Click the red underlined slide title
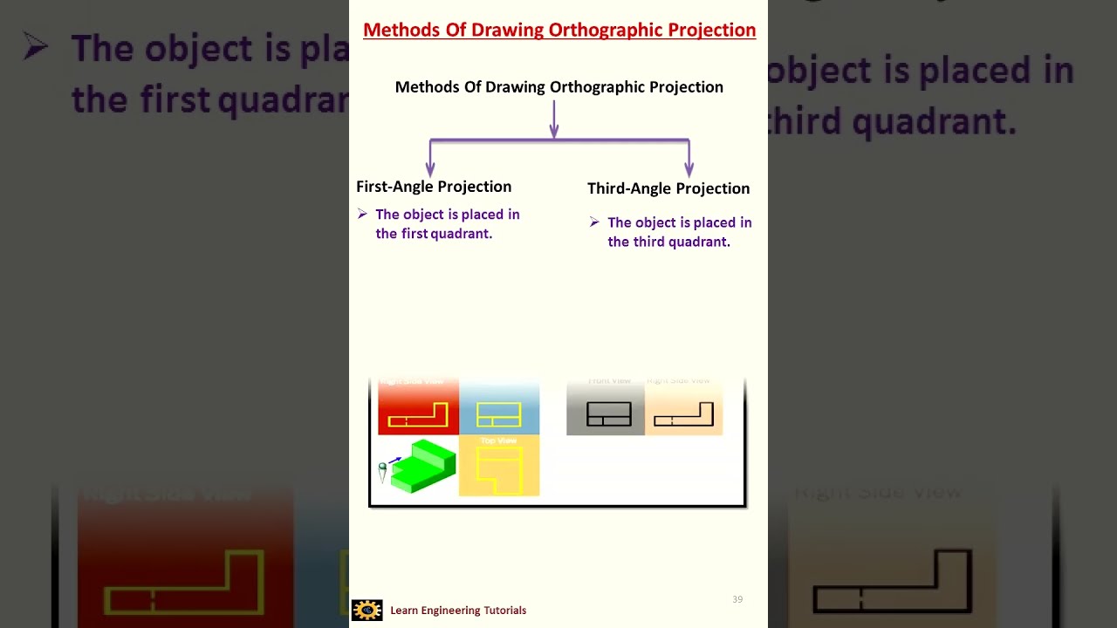tap(558, 30)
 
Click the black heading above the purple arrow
tap(558, 87)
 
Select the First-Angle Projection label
tap(434, 187)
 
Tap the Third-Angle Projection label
tap(668, 188)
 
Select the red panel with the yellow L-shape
tap(418, 408)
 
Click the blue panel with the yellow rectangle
tap(499, 408)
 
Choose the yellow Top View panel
tap(499, 466)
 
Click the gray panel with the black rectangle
tap(606, 408)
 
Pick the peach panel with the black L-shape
tap(683, 408)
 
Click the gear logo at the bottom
tap(367, 610)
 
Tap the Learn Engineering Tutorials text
tap(458, 611)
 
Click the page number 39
tap(737, 599)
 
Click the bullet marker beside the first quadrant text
tap(362, 214)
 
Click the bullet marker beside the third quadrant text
tap(594, 222)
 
